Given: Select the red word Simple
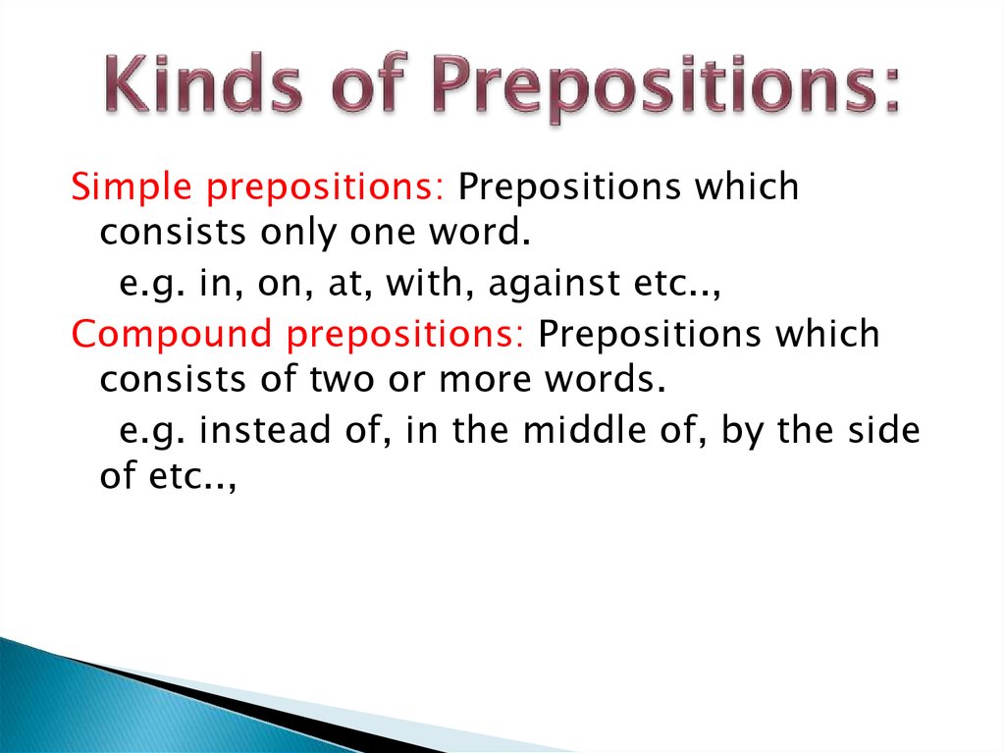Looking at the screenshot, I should (x=124, y=188).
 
